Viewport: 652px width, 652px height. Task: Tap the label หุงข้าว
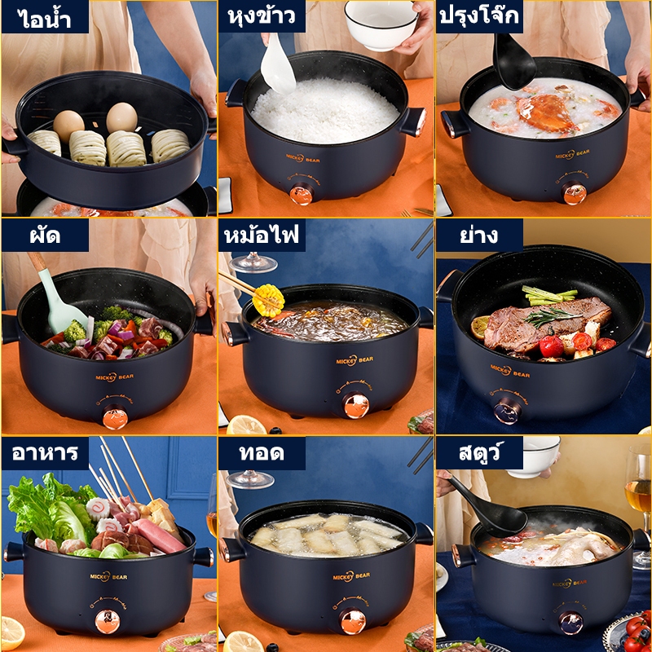click(262, 15)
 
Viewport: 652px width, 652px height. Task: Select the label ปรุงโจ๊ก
click(479, 15)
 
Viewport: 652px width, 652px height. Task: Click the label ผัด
click(46, 236)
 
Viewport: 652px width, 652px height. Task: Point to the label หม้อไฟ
click(262, 235)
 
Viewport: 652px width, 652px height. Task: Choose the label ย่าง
click(478, 235)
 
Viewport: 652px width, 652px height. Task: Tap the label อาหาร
click(45, 452)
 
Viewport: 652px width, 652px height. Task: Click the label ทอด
click(262, 452)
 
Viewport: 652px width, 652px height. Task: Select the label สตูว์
click(478, 452)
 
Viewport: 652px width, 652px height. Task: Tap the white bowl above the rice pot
click(381, 25)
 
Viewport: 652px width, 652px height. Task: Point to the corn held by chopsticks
click(268, 300)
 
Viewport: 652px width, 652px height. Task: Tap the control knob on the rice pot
click(301, 195)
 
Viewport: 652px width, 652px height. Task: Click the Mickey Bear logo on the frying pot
click(351, 576)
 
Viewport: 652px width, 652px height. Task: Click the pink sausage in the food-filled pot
click(159, 535)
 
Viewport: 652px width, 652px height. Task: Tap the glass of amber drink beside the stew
click(639, 505)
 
